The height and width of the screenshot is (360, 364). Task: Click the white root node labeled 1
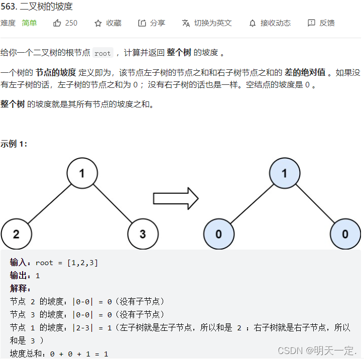click(x=82, y=173)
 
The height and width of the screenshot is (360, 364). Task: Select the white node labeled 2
click(x=17, y=234)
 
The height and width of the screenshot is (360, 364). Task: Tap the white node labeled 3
click(x=143, y=234)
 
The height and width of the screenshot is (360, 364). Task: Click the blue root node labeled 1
click(x=285, y=173)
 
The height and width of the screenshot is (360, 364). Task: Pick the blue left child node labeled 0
click(x=219, y=234)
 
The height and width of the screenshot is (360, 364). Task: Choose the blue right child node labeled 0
click(x=345, y=234)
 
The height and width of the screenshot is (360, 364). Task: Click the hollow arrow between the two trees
click(x=175, y=198)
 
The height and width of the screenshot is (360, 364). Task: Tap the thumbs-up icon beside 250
click(x=57, y=23)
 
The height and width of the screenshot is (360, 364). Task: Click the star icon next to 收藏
click(x=98, y=23)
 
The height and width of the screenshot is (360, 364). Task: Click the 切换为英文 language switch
click(x=207, y=23)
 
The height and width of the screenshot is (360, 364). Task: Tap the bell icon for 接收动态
click(x=253, y=23)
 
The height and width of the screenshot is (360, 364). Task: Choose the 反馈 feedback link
click(x=321, y=23)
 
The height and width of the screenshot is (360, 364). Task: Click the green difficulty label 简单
click(x=29, y=23)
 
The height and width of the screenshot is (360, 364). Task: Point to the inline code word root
click(x=102, y=53)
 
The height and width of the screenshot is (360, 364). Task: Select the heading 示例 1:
click(x=14, y=144)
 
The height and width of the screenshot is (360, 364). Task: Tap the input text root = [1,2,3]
click(x=67, y=263)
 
